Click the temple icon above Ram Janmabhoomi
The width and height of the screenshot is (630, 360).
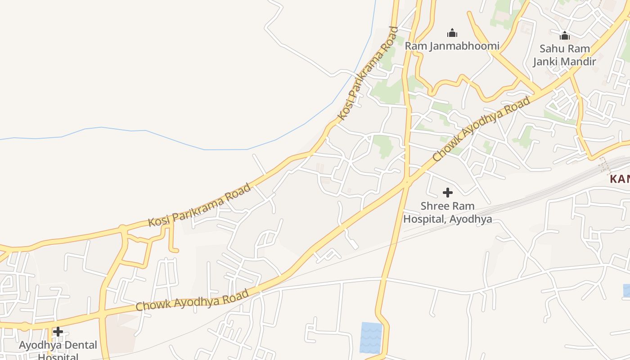click(x=452, y=33)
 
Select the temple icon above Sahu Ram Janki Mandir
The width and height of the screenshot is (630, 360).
click(x=565, y=36)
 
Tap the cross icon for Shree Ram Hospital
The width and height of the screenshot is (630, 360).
click(x=447, y=193)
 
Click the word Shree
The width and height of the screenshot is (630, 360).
click(x=435, y=206)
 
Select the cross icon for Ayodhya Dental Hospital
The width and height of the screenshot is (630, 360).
click(x=58, y=332)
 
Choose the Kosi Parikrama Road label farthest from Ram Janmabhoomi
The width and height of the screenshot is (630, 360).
click(x=199, y=205)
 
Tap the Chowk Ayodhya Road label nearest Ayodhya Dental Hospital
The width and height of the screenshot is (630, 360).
click(x=192, y=300)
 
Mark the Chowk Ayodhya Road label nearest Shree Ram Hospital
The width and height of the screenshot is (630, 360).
click(x=481, y=130)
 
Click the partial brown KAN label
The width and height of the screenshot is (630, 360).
click(x=620, y=179)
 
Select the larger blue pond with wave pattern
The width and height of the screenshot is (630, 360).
click(x=371, y=337)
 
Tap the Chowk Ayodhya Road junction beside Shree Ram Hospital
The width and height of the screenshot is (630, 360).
click(x=407, y=182)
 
